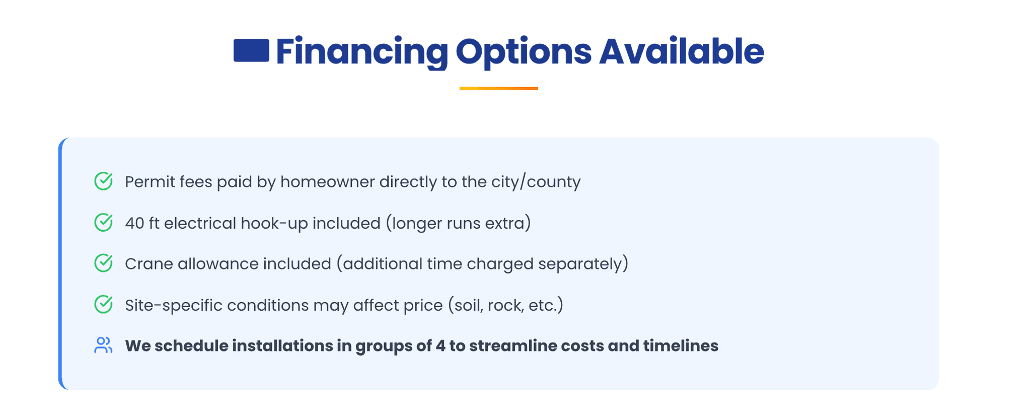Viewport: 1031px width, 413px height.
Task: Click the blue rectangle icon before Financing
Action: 251,50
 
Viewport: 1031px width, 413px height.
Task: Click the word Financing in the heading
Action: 362,52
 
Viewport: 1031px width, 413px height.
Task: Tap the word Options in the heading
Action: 524,52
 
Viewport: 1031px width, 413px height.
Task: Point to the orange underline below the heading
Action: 498,89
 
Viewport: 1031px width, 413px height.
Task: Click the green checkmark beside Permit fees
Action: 104,181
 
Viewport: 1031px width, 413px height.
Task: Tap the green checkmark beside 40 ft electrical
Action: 104,223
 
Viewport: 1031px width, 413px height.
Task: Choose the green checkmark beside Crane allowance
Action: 104,263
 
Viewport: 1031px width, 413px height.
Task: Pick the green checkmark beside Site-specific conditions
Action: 104,305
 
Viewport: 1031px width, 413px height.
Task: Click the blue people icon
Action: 103,346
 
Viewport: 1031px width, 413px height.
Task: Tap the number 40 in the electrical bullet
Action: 134,223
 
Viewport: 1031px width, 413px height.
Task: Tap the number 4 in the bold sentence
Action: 440,346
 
